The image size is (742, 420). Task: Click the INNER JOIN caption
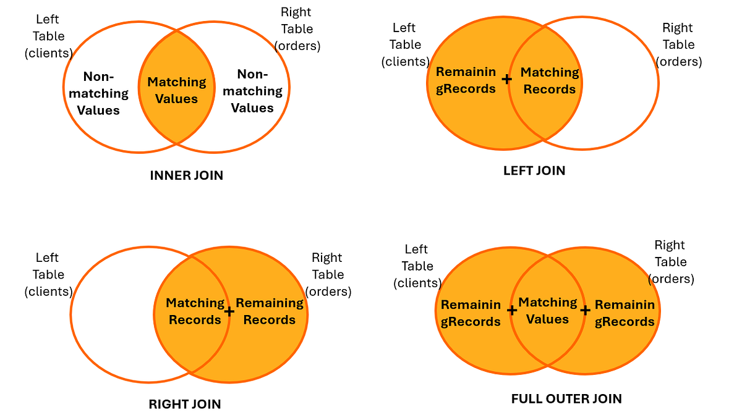coord(186,175)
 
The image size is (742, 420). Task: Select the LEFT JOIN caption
coord(534,170)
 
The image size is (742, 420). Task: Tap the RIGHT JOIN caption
coord(185,405)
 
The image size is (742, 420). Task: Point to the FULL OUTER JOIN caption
coord(566,398)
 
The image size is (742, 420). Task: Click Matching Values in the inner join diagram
coord(177,90)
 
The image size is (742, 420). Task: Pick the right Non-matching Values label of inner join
coord(252,91)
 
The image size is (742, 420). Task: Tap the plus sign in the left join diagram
coord(507,79)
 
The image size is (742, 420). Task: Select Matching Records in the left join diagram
coord(550,81)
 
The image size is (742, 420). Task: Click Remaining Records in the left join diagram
coord(466,80)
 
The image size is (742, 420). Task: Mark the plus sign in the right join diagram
coord(229,311)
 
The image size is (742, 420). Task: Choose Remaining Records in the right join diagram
coord(270,311)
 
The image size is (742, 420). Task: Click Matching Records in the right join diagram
coord(195,311)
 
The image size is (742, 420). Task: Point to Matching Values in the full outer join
coord(548,311)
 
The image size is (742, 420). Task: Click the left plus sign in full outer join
coord(512,310)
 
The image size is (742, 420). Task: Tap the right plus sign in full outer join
coord(585,310)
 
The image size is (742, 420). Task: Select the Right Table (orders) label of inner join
coord(297,29)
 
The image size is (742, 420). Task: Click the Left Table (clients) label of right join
coord(48,274)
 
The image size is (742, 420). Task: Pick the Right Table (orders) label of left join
coord(678,44)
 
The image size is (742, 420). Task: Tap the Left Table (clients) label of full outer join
coord(417,266)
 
